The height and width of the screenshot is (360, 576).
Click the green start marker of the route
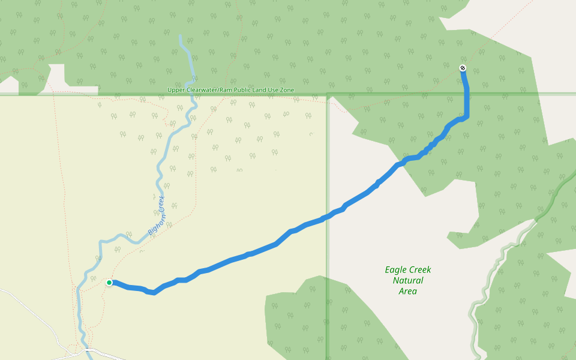109,283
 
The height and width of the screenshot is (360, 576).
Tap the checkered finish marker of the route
463,68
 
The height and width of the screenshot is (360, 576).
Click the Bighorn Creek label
157,214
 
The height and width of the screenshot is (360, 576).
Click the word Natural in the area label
408,281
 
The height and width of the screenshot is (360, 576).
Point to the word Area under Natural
408,292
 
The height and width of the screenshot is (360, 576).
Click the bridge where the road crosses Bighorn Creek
90,349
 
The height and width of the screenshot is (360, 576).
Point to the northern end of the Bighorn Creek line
181,37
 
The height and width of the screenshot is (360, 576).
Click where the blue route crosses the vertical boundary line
327,217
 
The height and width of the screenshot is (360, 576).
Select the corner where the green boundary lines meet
327,94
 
